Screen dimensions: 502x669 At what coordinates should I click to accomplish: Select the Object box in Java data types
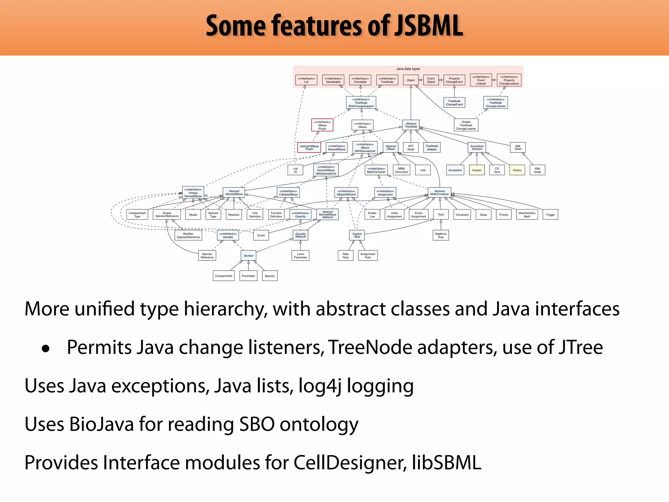[x=411, y=80]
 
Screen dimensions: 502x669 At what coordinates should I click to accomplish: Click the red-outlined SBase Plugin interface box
[x=322, y=125]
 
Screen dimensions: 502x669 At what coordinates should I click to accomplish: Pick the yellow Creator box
[x=477, y=170]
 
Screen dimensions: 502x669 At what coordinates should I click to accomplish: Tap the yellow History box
[x=517, y=170]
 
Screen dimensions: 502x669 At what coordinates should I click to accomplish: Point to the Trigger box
[x=550, y=215]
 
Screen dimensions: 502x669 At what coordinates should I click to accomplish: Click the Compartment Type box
[x=137, y=215]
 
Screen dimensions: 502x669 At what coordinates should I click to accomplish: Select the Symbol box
[x=249, y=256]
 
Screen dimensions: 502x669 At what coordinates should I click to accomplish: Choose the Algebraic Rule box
[x=441, y=235]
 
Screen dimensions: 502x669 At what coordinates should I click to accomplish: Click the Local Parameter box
[x=300, y=256]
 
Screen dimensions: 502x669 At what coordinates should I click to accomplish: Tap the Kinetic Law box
[x=372, y=215]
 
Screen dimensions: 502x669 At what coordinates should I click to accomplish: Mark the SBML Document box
[x=401, y=170]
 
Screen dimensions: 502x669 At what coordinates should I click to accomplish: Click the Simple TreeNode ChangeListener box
[x=466, y=125]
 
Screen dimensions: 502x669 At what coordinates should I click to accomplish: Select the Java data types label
[x=408, y=69]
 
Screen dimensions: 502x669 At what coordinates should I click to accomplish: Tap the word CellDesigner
[x=350, y=463]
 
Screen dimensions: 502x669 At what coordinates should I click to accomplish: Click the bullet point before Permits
[x=46, y=349]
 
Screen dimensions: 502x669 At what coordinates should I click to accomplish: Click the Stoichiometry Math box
[x=527, y=215]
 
